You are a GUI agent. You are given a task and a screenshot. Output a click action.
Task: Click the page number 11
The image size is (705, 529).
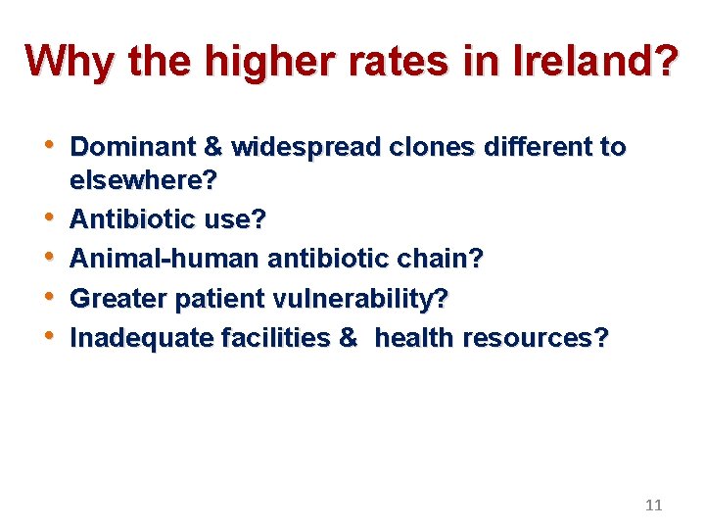pos(654,505)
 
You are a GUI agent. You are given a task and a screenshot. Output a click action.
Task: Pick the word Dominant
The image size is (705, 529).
pos(133,147)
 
